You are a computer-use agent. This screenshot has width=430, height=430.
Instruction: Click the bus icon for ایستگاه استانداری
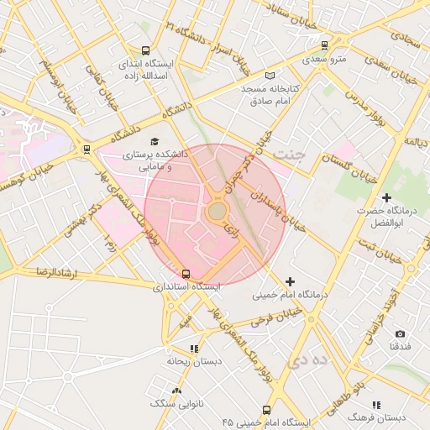pos(186,273)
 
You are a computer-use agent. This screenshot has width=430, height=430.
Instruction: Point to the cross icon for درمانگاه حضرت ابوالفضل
pos(385,197)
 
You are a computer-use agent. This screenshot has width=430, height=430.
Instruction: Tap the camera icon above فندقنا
pos(399,333)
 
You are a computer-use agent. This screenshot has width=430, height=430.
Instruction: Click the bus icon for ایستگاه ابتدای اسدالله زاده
pos(146,50)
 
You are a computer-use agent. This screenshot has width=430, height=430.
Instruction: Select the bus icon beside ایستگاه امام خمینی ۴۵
pos(266,411)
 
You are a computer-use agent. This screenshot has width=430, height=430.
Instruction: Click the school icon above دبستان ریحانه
pos(194,348)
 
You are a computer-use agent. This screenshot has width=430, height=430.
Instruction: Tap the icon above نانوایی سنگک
pos(176,391)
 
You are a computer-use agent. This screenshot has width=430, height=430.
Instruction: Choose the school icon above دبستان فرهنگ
pos(375,404)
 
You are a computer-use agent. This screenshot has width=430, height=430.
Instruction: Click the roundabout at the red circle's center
pos(217,212)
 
